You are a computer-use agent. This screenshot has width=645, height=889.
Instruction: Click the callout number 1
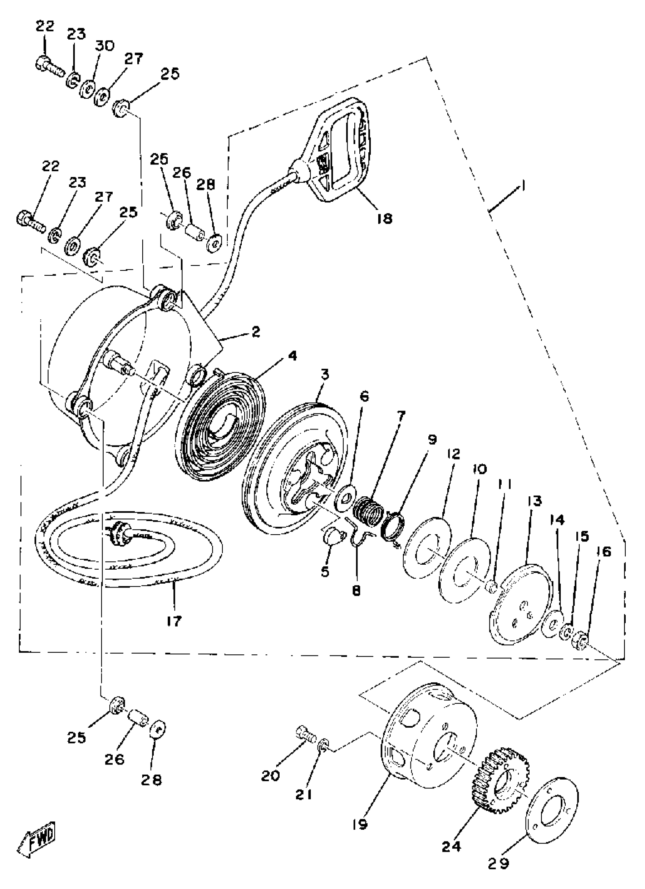point(523,185)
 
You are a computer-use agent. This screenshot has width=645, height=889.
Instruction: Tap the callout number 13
point(535,501)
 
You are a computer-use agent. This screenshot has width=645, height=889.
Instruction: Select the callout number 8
point(356,591)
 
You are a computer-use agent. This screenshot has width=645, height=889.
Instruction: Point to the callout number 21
point(304,794)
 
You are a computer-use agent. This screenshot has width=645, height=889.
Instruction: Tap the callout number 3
point(325,375)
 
